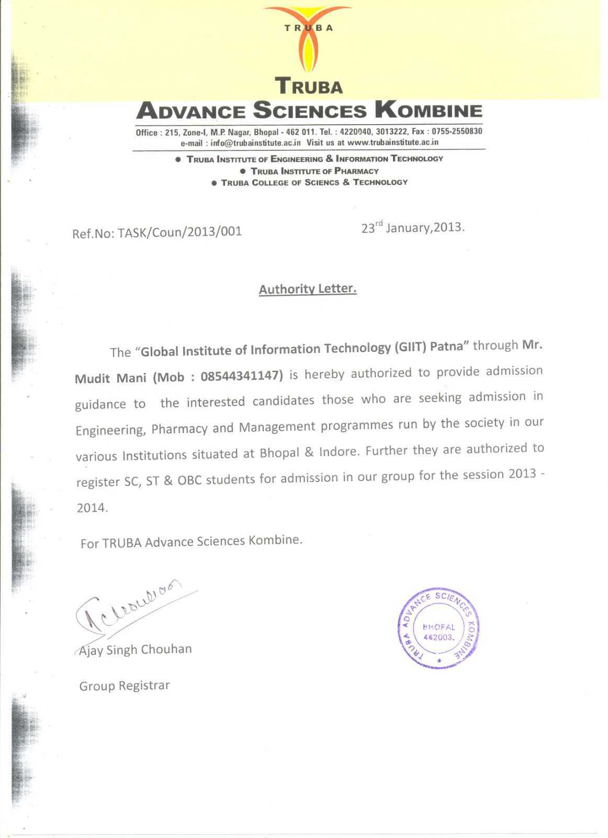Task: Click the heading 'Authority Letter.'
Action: (308, 289)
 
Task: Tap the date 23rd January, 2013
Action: (413, 228)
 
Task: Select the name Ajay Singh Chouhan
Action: (136, 650)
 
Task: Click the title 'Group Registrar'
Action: (125, 686)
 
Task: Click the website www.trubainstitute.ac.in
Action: (393, 142)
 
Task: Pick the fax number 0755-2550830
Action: (457, 131)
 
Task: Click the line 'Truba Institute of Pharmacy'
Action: (314, 171)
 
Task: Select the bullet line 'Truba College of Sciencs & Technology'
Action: (314, 183)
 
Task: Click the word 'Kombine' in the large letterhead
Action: (429, 111)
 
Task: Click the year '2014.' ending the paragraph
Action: (92, 508)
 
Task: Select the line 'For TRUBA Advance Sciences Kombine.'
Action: (192, 542)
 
